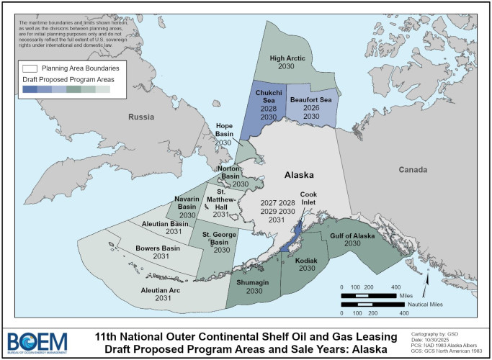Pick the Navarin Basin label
(187, 202)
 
